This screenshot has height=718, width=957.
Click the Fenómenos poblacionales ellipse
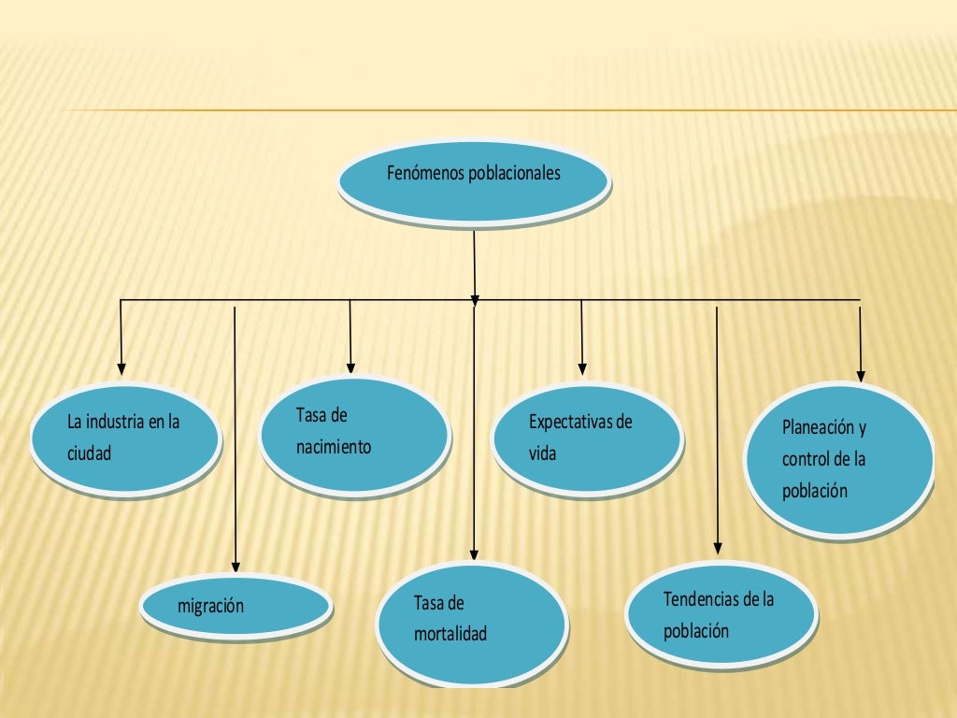coord(474,183)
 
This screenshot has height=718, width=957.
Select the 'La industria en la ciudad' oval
coord(125,440)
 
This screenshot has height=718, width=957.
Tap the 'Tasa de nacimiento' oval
coord(355,435)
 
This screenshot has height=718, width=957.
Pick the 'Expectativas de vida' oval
coord(587,438)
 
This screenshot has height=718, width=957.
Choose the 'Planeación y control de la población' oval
coord(840,459)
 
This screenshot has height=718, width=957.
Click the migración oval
coord(236,606)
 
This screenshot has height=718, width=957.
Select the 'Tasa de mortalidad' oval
coord(471,621)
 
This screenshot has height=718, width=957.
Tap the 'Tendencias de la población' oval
coord(721,614)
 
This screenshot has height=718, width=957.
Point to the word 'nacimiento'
coord(334,447)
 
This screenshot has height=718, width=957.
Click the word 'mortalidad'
coord(450,635)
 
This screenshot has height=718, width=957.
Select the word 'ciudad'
coord(89,454)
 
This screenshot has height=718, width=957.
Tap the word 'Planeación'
coord(819,428)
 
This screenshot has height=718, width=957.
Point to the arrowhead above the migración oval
coord(236,566)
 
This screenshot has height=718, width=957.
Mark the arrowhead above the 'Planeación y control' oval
coord(861,376)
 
